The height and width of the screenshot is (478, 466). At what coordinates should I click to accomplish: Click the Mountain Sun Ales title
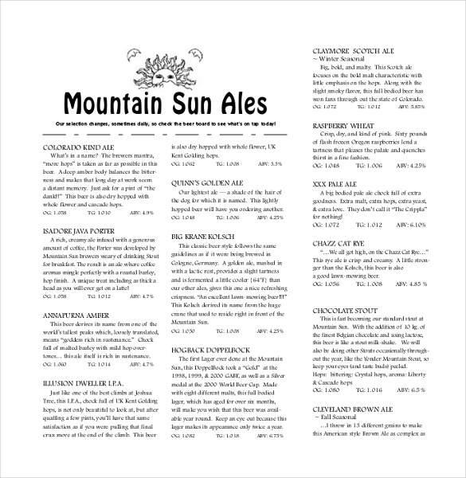(x=165, y=104)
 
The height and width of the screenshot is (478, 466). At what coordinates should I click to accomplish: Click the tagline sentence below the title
(x=164, y=125)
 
